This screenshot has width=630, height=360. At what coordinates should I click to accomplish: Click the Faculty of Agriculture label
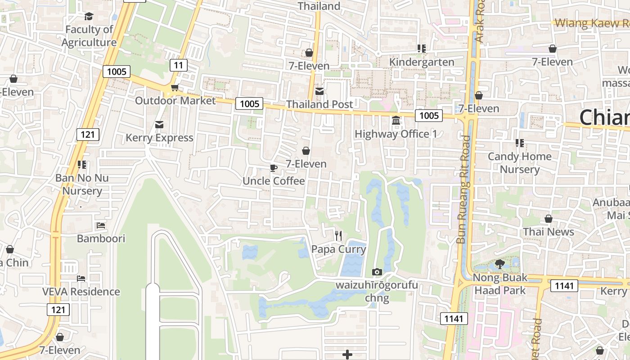pyautogui.click(x=89, y=36)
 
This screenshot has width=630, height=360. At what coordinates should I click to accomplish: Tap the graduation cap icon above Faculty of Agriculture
pyautogui.click(x=89, y=17)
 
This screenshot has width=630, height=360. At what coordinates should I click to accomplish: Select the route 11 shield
pyautogui.click(x=179, y=65)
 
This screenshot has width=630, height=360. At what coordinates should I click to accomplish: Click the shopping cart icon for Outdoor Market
pyautogui.click(x=175, y=87)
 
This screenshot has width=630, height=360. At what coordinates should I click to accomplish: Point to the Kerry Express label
pyautogui.click(x=159, y=138)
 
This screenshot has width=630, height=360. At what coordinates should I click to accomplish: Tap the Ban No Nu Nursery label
pyautogui.click(x=82, y=184)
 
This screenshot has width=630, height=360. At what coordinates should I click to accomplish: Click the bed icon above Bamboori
pyautogui.click(x=101, y=225)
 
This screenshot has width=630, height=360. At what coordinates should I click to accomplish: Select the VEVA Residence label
pyautogui.click(x=81, y=292)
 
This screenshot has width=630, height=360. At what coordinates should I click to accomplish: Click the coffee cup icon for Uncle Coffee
pyautogui.click(x=273, y=168)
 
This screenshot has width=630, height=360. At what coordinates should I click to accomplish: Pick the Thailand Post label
pyautogui.click(x=319, y=104)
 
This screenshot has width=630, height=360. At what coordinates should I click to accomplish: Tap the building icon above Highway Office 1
pyautogui.click(x=396, y=121)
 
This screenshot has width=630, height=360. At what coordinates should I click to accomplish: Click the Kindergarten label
pyautogui.click(x=422, y=62)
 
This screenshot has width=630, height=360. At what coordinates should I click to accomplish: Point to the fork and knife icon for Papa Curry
pyautogui.click(x=339, y=235)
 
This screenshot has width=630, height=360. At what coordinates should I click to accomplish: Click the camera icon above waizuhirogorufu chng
pyautogui.click(x=377, y=272)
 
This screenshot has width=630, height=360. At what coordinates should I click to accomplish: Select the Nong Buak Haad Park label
pyautogui.click(x=499, y=284)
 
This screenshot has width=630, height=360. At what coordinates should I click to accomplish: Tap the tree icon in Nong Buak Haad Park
pyautogui.click(x=499, y=264)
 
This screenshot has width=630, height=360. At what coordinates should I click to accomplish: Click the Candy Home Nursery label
pyautogui.click(x=520, y=163)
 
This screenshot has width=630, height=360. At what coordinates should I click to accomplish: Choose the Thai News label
pyautogui.click(x=549, y=232)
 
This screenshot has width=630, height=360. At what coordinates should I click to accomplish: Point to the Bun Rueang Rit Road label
pyautogui.click(x=463, y=189)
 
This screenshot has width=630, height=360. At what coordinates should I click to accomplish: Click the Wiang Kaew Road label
pyautogui.click(x=592, y=23)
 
